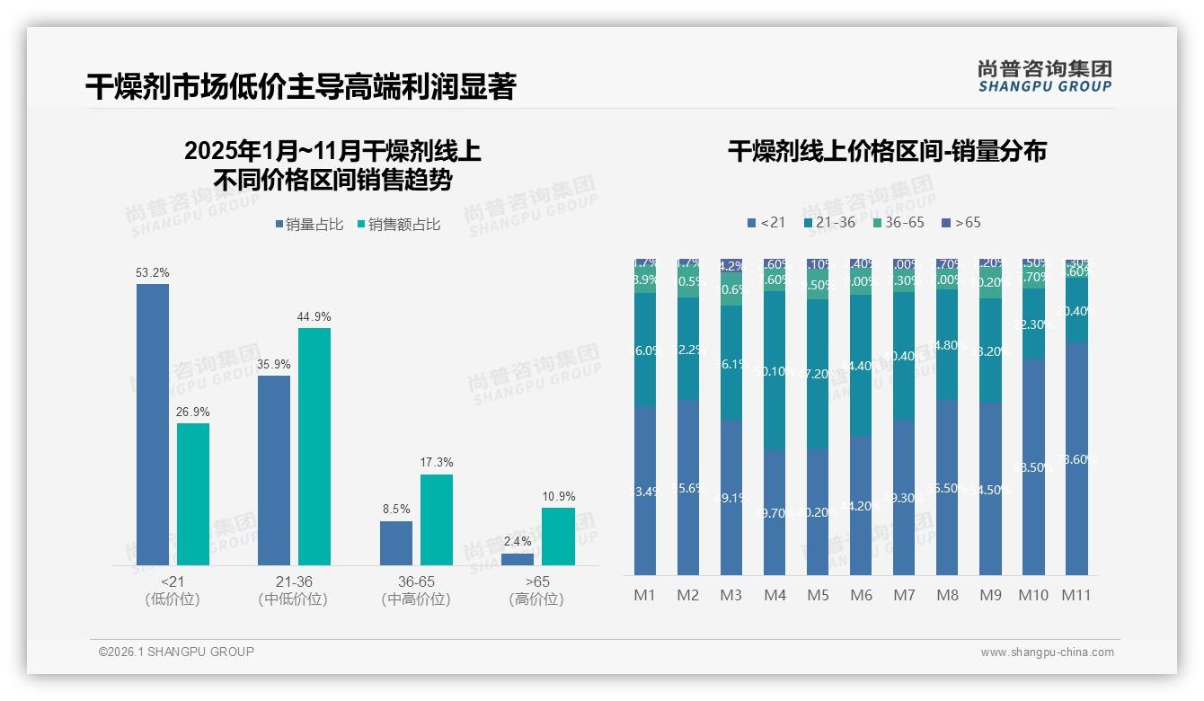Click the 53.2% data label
pos(152,272)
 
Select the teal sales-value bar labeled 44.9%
pos(314,446)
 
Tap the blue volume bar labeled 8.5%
pos(395,543)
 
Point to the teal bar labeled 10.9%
pos(557,537)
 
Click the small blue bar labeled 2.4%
pos(518,559)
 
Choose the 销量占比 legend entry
pos(308,225)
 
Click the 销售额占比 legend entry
pos(398,225)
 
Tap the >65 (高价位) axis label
pos(536,590)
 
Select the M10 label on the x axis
pos(1033,595)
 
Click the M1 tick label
pos(644,595)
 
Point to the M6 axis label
pos(861,595)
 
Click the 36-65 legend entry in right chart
pos(898,222)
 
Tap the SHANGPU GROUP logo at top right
pos(1044,75)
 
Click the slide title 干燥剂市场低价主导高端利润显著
pos(300,87)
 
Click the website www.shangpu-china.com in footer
pos(1047,652)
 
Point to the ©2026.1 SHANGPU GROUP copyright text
pos(176,652)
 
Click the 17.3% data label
pos(436,462)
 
